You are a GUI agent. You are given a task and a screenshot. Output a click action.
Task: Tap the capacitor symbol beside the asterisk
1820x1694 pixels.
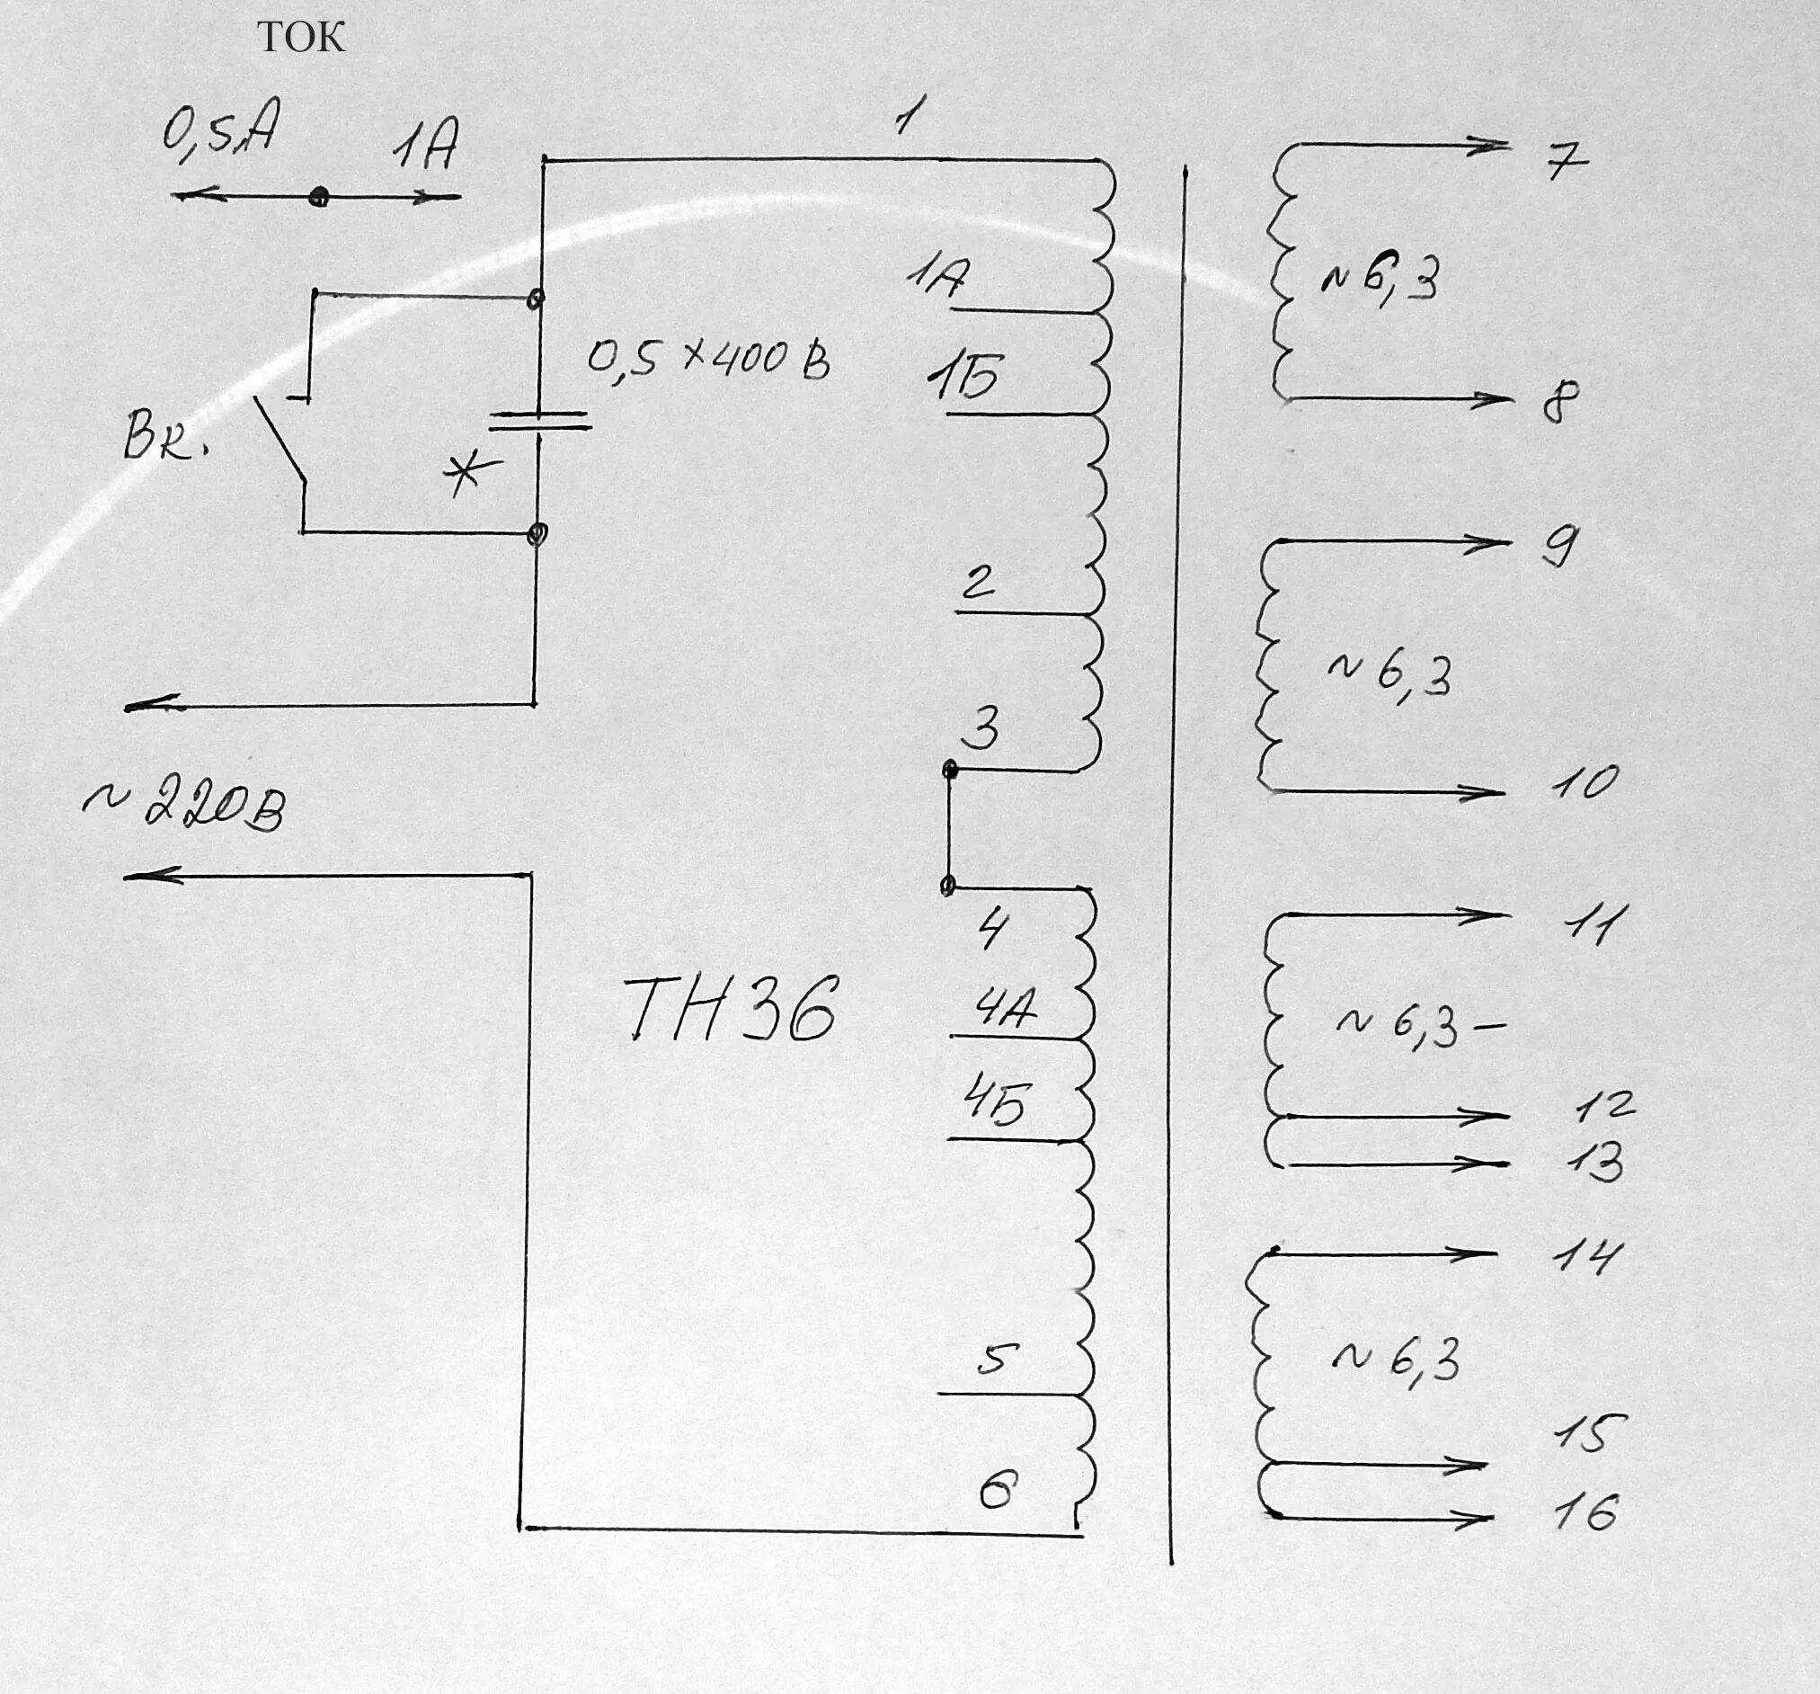click(538, 421)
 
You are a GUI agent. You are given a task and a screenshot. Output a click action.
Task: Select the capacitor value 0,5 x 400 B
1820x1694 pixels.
click(708, 359)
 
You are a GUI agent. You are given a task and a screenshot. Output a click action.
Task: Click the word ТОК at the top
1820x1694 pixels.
click(301, 38)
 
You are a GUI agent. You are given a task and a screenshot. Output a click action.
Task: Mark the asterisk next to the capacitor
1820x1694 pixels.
click(471, 475)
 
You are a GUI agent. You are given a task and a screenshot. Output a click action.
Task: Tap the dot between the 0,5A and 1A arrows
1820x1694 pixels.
click(318, 196)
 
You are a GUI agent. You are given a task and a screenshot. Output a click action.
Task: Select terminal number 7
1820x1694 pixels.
click(1567, 163)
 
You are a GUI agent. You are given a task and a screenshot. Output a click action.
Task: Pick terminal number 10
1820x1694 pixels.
click(1585, 783)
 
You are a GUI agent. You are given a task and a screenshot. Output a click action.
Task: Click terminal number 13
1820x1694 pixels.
click(1594, 1162)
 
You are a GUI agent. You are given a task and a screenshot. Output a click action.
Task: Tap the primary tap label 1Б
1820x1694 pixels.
click(964, 378)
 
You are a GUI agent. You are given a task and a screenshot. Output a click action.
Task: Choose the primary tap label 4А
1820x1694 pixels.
click(1005, 1009)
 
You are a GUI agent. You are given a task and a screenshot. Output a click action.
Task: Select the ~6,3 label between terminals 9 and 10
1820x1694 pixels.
click(1389, 676)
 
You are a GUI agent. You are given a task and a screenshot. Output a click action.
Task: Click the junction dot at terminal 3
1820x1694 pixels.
click(950, 771)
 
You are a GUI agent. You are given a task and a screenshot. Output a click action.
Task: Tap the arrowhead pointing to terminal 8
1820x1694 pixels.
click(1497, 398)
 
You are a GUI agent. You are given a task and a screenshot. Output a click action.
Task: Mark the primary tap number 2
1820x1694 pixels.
click(978, 582)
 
